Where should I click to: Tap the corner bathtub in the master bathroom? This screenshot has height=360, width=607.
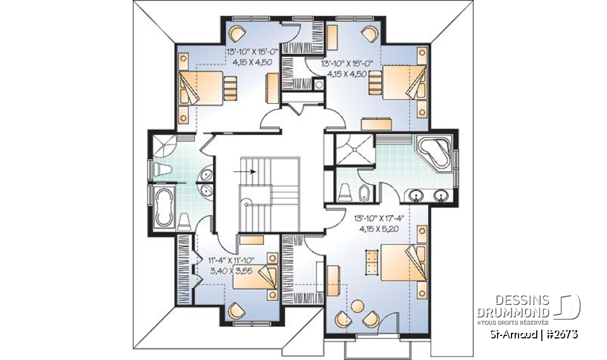coord(435,152)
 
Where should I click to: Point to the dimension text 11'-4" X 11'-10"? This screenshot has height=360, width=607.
coord(233,260)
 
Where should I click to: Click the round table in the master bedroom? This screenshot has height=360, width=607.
coord(358,306)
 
